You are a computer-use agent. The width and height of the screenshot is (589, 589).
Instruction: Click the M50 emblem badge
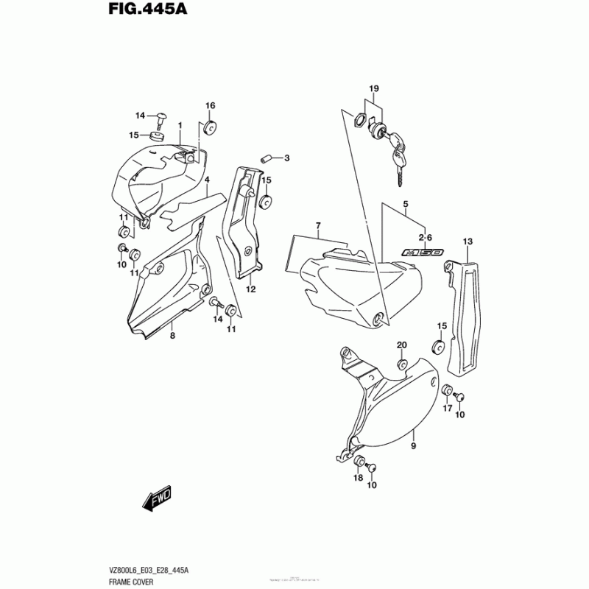point(422,253)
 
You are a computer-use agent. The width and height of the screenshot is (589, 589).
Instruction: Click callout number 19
point(373,89)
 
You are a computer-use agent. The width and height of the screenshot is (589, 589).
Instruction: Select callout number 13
point(467,241)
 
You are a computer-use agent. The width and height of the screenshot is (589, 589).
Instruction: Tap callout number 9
point(413,446)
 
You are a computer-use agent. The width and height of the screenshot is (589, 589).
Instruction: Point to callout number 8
point(172,335)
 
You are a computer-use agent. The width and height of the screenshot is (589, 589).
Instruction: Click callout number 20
point(402,345)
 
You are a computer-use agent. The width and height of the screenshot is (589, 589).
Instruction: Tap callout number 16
point(209,105)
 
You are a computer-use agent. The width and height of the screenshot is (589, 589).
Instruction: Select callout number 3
point(287,158)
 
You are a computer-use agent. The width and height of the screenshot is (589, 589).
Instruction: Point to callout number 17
point(447,409)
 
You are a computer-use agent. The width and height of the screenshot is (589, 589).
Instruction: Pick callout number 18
point(358,478)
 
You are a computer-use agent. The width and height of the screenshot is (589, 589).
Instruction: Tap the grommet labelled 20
point(402,364)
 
